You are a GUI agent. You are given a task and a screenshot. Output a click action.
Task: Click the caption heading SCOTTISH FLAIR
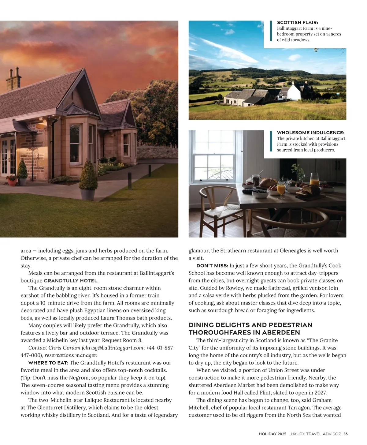tap(297, 22)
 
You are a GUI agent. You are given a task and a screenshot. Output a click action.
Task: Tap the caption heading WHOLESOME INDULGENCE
tap(310, 133)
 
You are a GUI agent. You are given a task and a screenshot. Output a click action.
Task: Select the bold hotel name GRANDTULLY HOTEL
tap(71, 281)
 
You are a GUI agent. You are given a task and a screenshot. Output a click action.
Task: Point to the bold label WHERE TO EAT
tap(48, 363)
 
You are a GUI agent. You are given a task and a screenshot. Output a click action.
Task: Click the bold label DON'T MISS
tap(212, 266)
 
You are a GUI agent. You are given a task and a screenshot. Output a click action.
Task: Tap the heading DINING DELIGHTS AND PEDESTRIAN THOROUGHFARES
tap(250, 329)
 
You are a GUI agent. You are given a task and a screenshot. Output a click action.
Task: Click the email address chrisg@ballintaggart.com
tap(113, 348)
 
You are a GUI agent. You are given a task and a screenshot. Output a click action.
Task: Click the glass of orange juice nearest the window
tap(281, 188)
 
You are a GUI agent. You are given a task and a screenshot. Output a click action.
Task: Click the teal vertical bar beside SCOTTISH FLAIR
tap(271, 31)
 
